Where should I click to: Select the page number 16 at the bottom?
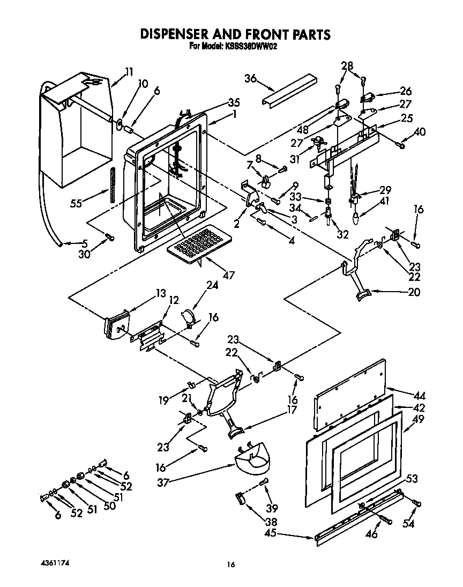click(x=231, y=564)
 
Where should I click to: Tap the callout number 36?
click(x=250, y=78)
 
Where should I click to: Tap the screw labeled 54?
click(x=417, y=503)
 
